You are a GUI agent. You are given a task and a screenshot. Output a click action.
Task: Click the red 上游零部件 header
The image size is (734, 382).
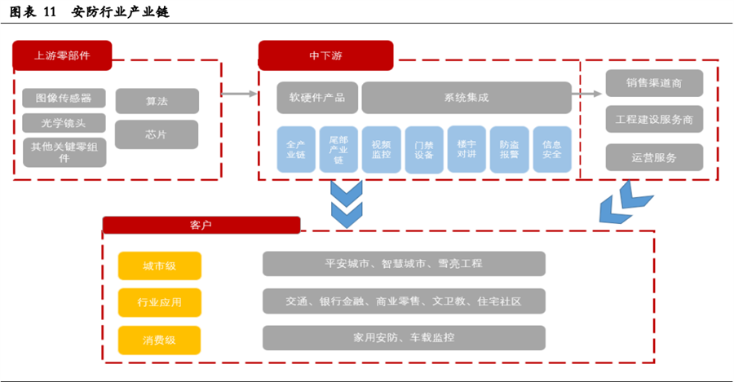coord(62,55)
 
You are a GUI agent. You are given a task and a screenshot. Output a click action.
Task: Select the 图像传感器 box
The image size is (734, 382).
coord(64,99)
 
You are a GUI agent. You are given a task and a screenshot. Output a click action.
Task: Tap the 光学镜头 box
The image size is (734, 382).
coord(64,124)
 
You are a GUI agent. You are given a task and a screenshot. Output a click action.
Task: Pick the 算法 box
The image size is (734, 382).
coord(157,101)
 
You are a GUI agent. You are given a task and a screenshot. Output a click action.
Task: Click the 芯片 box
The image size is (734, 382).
coord(157,134)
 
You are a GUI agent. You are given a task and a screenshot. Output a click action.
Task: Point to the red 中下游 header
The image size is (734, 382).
coord(325,55)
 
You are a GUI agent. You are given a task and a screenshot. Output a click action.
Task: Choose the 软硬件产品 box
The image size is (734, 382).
coord(317,98)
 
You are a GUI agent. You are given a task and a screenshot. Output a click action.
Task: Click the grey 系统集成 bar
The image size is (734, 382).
coord(466,98)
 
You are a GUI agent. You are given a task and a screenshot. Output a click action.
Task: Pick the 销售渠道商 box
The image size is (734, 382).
coord(654,83)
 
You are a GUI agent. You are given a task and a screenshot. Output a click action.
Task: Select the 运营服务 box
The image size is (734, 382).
coord(654,157)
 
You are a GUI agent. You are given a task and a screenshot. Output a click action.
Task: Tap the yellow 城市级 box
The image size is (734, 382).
coord(159,266)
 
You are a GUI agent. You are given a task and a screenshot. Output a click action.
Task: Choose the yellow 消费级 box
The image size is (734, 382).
coord(159,340)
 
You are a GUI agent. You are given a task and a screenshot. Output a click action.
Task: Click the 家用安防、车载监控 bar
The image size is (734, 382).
coord(404,337)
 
